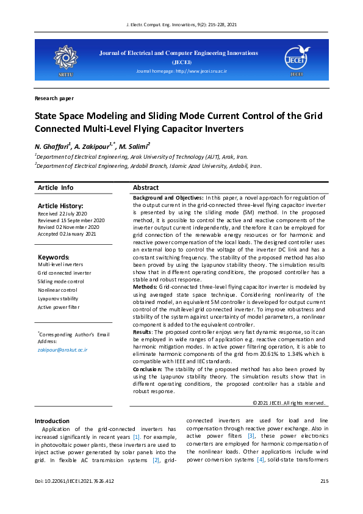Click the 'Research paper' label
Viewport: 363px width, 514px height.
[54, 98]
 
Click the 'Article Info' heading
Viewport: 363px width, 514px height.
[56, 187]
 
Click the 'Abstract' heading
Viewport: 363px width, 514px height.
[146, 187]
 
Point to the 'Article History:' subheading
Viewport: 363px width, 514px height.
[60, 206]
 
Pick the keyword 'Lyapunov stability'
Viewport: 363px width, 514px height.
[58, 299]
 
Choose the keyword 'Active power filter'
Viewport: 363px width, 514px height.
[59, 308]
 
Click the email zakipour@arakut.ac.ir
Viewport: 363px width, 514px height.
[62, 350]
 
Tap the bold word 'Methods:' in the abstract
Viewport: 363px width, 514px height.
[145, 286]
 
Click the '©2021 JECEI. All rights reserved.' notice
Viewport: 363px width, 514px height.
[289, 403]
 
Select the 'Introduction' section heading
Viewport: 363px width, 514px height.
[52, 421]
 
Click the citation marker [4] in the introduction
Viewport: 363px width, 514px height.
[261, 459]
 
